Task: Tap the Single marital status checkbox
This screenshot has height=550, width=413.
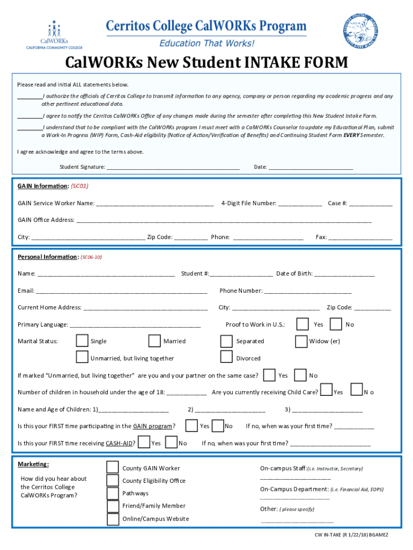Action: (x=82, y=341)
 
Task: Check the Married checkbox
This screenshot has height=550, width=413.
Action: (x=154, y=341)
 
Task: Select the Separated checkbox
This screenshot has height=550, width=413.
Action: (x=227, y=341)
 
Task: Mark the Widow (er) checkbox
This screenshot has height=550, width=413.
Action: (x=301, y=341)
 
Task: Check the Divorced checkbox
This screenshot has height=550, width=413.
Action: (x=227, y=358)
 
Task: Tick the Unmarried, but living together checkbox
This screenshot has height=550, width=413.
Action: (x=82, y=358)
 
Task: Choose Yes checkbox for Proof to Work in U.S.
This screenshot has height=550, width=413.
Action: (x=303, y=324)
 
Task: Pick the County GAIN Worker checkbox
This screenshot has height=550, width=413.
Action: (x=113, y=468)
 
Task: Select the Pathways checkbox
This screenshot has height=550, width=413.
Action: (x=113, y=493)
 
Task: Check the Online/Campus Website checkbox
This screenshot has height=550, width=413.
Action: (x=113, y=519)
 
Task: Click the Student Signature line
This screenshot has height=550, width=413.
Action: (x=173, y=167)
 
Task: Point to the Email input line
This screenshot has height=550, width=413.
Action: (x=122, y=291)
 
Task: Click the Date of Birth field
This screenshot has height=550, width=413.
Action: (x=344, y=274)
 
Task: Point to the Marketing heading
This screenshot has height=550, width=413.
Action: (x=33, y=464)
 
